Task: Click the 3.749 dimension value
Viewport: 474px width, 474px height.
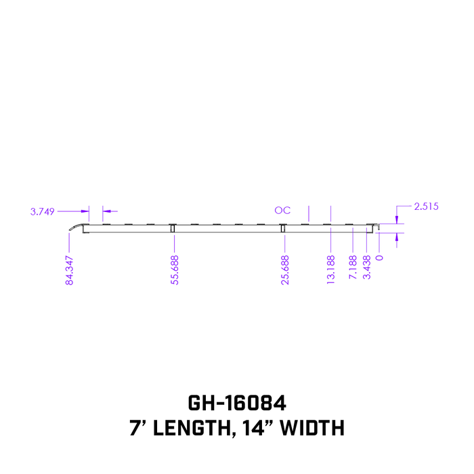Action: pos(42,211)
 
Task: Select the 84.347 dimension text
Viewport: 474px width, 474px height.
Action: pos(69,270)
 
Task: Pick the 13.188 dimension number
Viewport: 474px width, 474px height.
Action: pos(330,270)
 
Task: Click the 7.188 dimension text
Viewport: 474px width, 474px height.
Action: pos(353,265)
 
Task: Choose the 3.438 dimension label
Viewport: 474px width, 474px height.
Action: pos(367,265)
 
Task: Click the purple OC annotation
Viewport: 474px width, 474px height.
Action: pos(282,211)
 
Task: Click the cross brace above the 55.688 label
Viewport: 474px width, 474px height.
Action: pos(173,228)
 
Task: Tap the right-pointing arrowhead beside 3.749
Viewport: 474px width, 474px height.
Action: pos(86,211)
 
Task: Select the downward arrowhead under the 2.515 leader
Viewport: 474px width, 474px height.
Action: pos(397,220)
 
